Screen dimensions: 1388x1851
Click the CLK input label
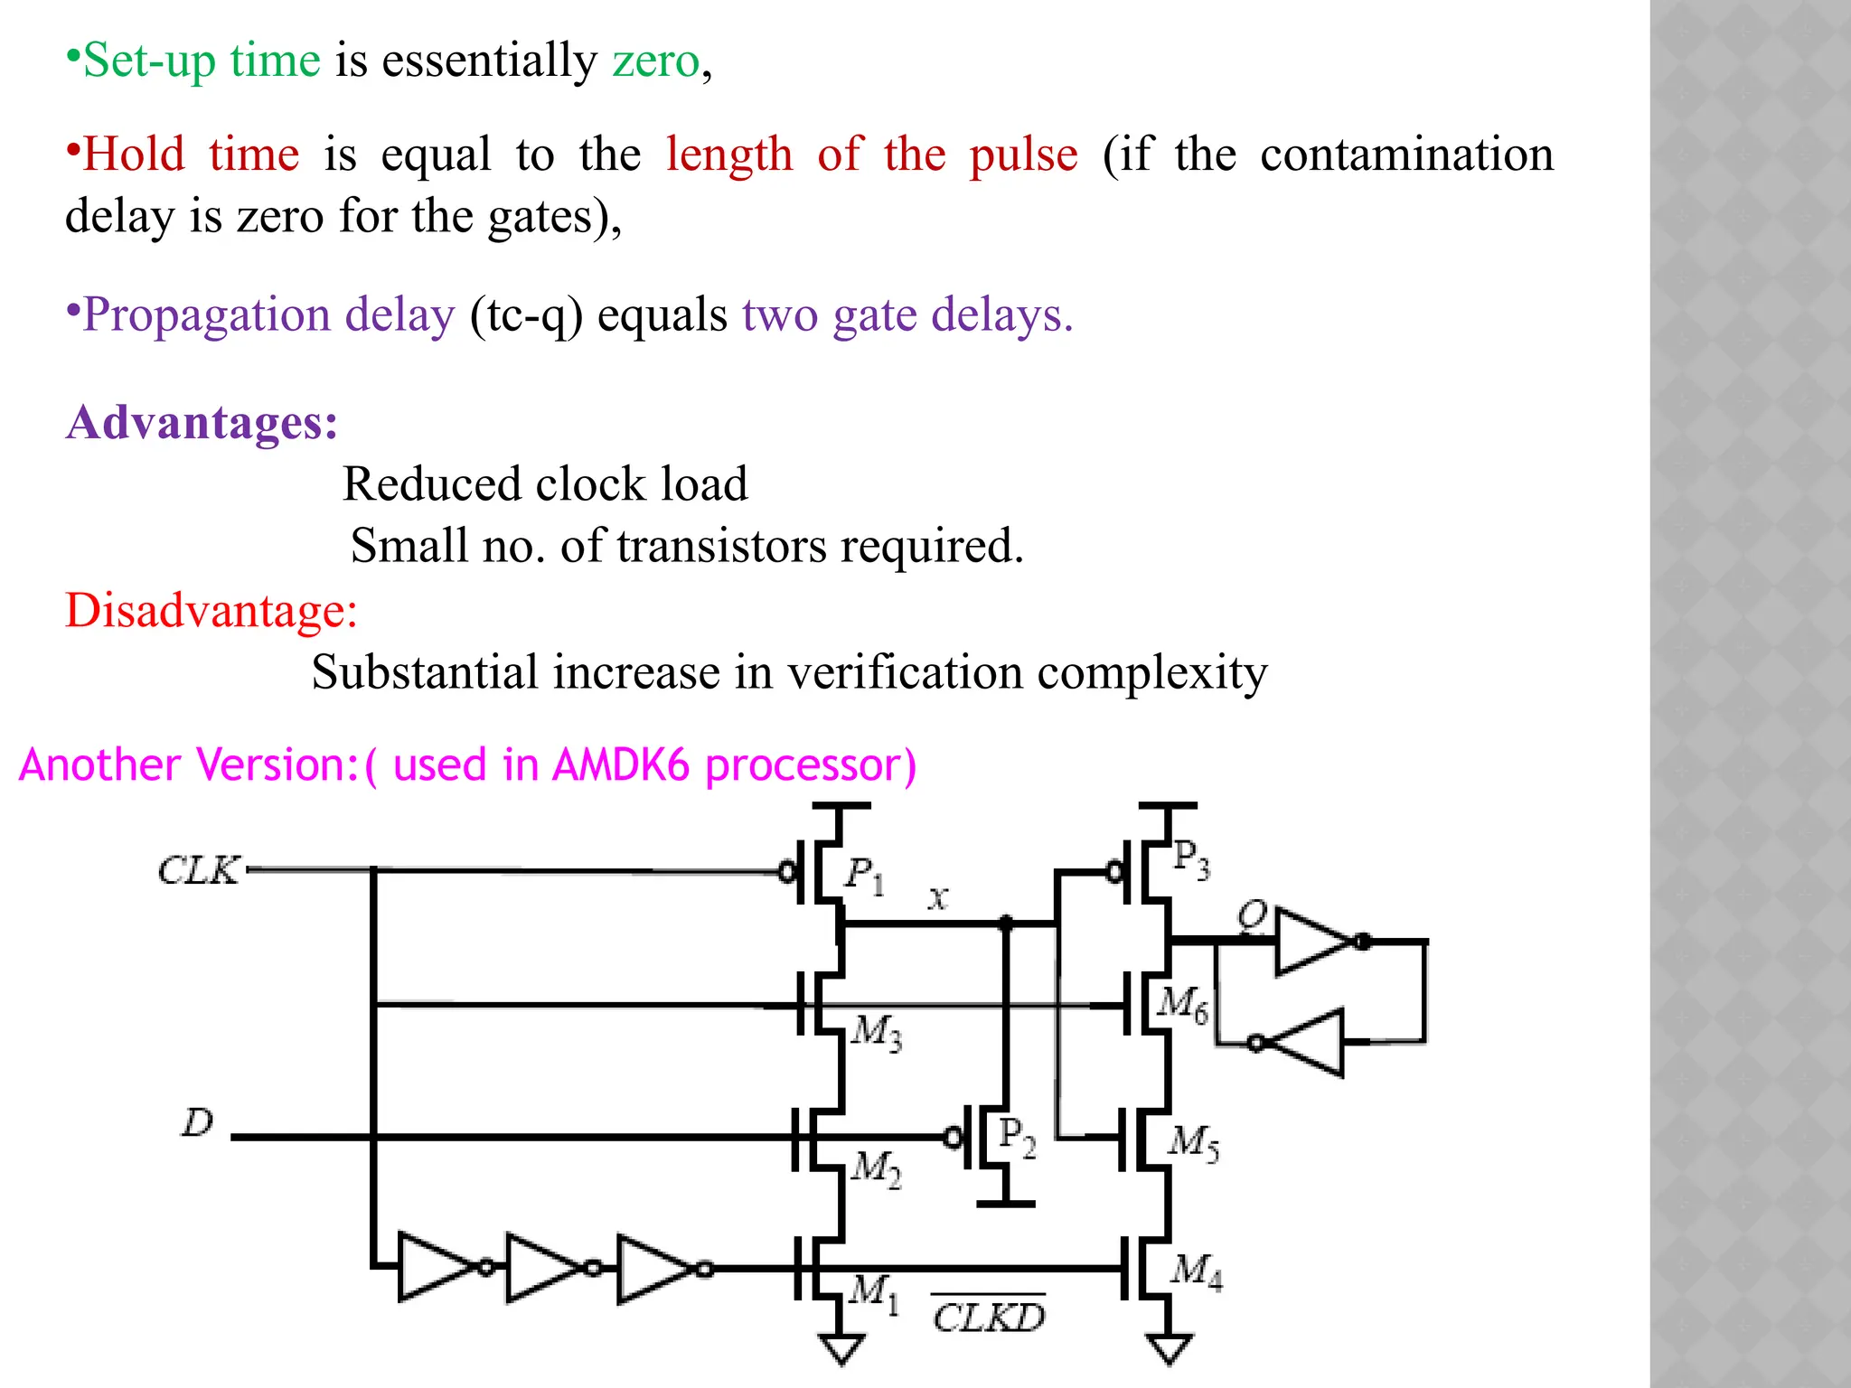199,870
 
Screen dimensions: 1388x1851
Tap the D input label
197,1122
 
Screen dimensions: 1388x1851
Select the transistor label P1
864,874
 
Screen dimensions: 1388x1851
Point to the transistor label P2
1017,1136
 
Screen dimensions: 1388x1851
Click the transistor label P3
1190,858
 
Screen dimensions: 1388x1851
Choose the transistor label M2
876,1168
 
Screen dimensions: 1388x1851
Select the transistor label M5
1194,1142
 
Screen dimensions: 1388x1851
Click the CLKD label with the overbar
989,1318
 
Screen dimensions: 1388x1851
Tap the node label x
938,898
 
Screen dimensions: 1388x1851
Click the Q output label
1253,914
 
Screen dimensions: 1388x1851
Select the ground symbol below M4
1169,1348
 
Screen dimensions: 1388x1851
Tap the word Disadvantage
211,611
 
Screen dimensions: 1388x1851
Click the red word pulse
1023,155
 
